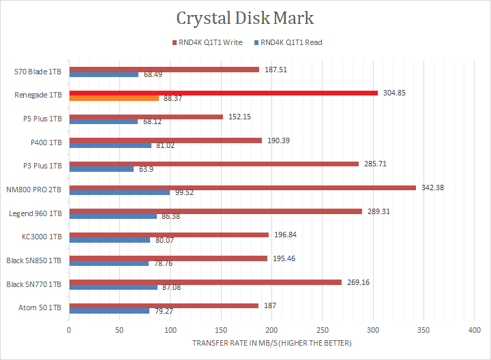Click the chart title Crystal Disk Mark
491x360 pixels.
245,18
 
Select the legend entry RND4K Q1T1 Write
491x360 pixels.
211,42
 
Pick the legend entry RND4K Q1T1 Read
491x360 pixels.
291,42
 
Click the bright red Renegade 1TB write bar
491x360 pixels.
223,93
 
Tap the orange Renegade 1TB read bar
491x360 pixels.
114,98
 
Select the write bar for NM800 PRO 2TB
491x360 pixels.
242,187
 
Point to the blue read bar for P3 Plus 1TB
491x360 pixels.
101,169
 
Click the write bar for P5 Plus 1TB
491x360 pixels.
146,117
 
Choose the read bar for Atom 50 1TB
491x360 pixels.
109,312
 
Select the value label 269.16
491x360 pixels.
357,282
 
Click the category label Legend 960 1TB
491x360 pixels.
35,213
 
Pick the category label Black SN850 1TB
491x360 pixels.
33,260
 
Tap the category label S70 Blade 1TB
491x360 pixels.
38,72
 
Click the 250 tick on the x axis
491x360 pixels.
321,330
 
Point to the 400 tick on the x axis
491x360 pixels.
473,330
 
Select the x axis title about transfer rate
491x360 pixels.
271,343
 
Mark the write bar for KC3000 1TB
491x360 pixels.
170,235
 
